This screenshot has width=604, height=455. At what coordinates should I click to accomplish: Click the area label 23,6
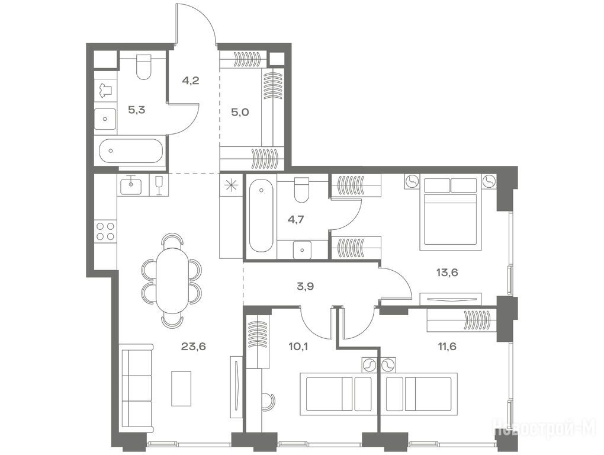tap(194, 347)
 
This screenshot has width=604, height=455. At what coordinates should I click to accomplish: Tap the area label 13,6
tap(447, 273)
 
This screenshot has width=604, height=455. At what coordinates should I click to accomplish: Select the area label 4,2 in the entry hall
tap(190, 81)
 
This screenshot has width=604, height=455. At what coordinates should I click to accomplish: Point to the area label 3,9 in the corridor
tap(305, 286)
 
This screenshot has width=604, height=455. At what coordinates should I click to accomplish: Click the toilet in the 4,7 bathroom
tap(301, 190)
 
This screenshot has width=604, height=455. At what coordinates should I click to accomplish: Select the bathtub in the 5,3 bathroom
tap(131, 150)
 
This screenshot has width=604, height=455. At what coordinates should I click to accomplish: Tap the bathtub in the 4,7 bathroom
tap(261, 217)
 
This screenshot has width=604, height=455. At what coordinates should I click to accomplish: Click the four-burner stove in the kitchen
tap(105, 231)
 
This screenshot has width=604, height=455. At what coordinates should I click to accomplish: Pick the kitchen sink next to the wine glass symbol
tap(131, 185)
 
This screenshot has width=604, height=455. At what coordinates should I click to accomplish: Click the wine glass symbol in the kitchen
tap(158, 185)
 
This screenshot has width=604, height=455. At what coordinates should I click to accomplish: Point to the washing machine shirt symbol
tap(105, 90)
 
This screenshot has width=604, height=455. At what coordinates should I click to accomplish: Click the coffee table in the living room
tap(181, 388)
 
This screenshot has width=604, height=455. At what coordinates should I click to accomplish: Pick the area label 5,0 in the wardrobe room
tap(240, 113)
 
